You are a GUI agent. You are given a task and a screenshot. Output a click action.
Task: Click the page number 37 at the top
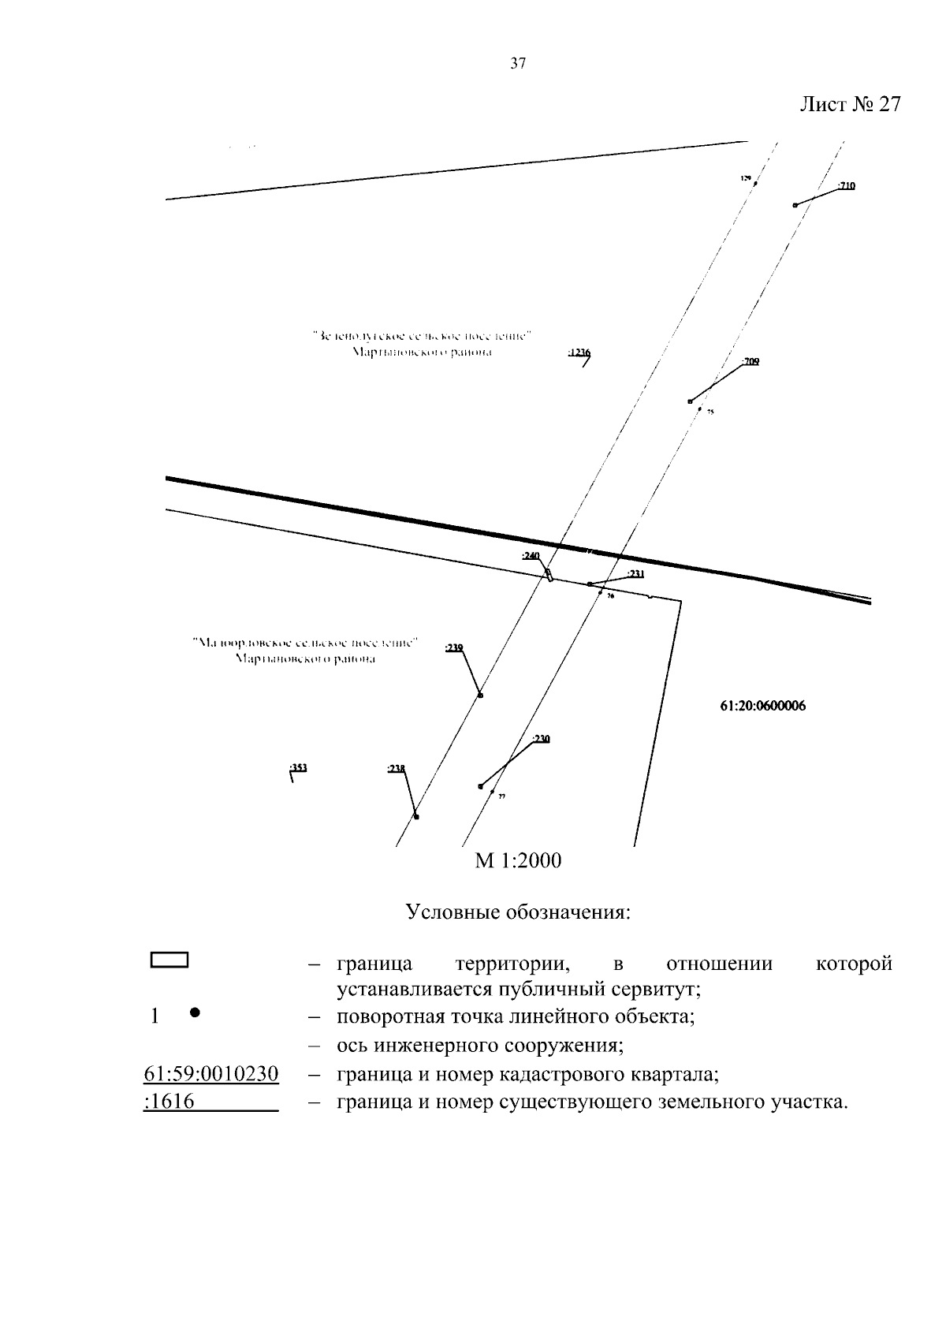click(518, 65)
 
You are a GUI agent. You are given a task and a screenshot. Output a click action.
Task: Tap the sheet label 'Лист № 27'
click(850, 105)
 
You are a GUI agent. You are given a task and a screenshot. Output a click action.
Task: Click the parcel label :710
click(847, 186)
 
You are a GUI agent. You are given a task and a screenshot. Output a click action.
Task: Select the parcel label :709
click(750, 361)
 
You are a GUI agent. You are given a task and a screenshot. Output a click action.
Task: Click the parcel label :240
click(530, 556)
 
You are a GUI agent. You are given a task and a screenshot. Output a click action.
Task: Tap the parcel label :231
click(635, 574)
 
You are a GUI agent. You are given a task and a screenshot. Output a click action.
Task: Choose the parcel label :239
click(454, 647)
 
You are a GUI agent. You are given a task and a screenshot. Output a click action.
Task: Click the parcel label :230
click(541, 739)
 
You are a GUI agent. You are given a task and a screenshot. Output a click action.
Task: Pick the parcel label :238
click(396, 768)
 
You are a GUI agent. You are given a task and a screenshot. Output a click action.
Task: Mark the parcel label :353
click(298, 767)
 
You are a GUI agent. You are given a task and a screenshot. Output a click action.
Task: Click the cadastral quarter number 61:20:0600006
click(762, 707)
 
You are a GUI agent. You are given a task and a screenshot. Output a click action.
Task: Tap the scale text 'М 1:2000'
click(518, 860)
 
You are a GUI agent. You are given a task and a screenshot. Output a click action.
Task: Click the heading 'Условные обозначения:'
click(518, 913)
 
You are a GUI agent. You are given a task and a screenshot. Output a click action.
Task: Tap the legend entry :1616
click(170, 1101)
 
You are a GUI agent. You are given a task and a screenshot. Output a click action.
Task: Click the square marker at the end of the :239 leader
click(481, 696)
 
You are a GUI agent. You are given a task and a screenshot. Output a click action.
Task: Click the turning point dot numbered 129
click(755, 184)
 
